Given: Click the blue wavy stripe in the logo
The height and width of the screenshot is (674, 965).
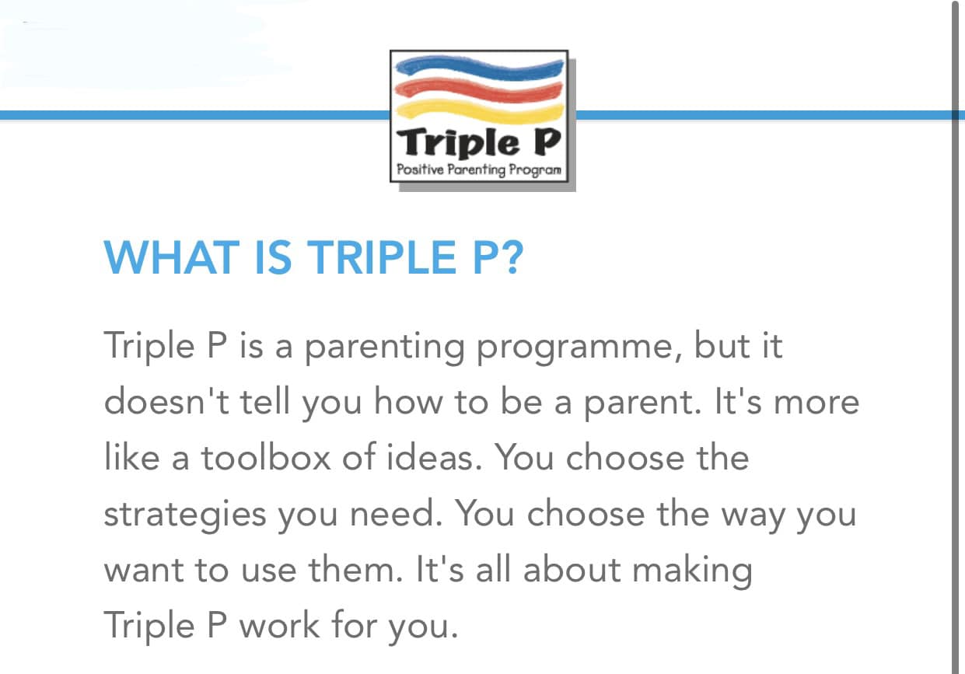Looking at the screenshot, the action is tap(480, 69).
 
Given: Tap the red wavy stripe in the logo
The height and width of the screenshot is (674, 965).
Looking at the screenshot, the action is tap(479, 91).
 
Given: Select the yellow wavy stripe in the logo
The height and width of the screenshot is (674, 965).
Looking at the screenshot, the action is tap(480, 112).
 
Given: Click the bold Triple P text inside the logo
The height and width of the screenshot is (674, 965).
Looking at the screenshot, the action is tap(479, 142).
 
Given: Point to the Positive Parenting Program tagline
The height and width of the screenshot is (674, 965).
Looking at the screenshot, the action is tap(479, 169).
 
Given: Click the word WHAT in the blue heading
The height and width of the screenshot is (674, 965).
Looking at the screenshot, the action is tap(172, 257).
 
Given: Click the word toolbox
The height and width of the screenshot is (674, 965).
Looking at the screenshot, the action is tap(266, 457).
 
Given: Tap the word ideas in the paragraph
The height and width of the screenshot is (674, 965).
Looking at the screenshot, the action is tap(434, 457).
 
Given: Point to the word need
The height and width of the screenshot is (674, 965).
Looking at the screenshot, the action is tap(397, 513).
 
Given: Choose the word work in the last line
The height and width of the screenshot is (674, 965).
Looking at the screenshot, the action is tap(280, 625).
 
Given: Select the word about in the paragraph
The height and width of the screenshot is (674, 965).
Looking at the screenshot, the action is tap(572, 569).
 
